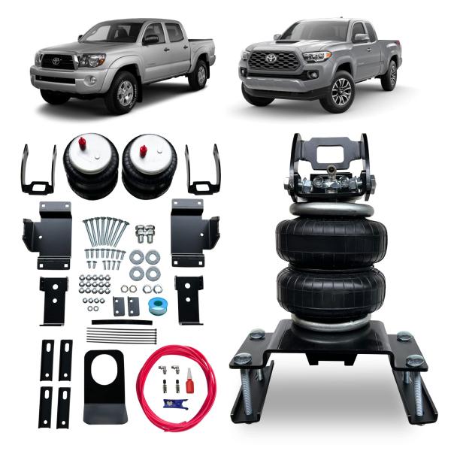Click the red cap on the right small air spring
141,149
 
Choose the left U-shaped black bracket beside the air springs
39,169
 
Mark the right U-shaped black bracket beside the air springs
203,169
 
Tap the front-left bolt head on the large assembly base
245,359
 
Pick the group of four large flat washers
144,264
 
